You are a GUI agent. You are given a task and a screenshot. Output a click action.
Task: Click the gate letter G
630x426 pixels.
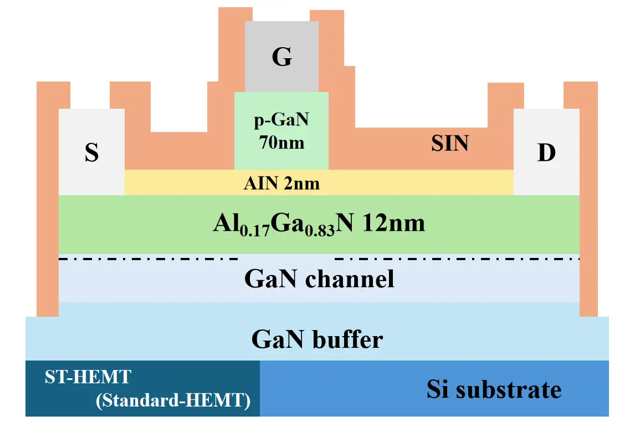[281, 57]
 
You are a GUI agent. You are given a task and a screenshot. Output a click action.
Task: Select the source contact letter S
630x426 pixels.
[91, 153]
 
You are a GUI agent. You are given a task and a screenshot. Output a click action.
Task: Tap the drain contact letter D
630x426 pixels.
[546, 153]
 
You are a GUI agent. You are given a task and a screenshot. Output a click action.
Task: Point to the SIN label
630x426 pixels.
[450, 144]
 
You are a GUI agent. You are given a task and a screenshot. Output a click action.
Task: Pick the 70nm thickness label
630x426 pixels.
[281, 143]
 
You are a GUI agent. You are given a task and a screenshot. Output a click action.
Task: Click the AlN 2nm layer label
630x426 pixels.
[281, 183]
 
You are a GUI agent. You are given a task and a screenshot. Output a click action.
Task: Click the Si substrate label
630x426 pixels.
[494, 389]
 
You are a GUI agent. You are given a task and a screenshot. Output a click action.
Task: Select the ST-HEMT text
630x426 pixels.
[87, 378]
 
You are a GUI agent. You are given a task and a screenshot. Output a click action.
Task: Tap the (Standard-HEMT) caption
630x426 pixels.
[172, 400]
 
